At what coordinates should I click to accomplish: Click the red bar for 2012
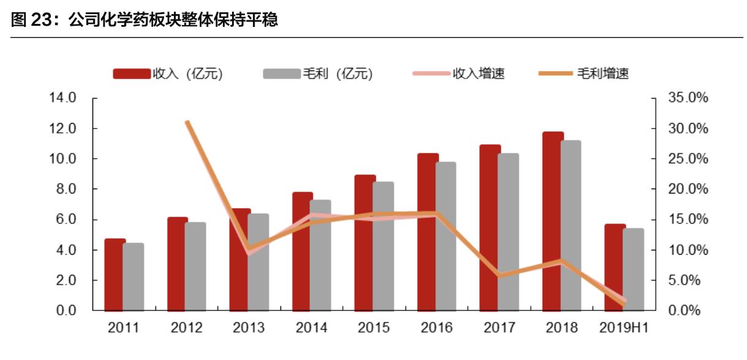176,263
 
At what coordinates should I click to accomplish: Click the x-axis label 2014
311,328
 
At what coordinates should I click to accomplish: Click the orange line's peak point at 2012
187,122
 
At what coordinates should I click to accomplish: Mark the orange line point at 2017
500,276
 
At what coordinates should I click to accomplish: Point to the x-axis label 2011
124,328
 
